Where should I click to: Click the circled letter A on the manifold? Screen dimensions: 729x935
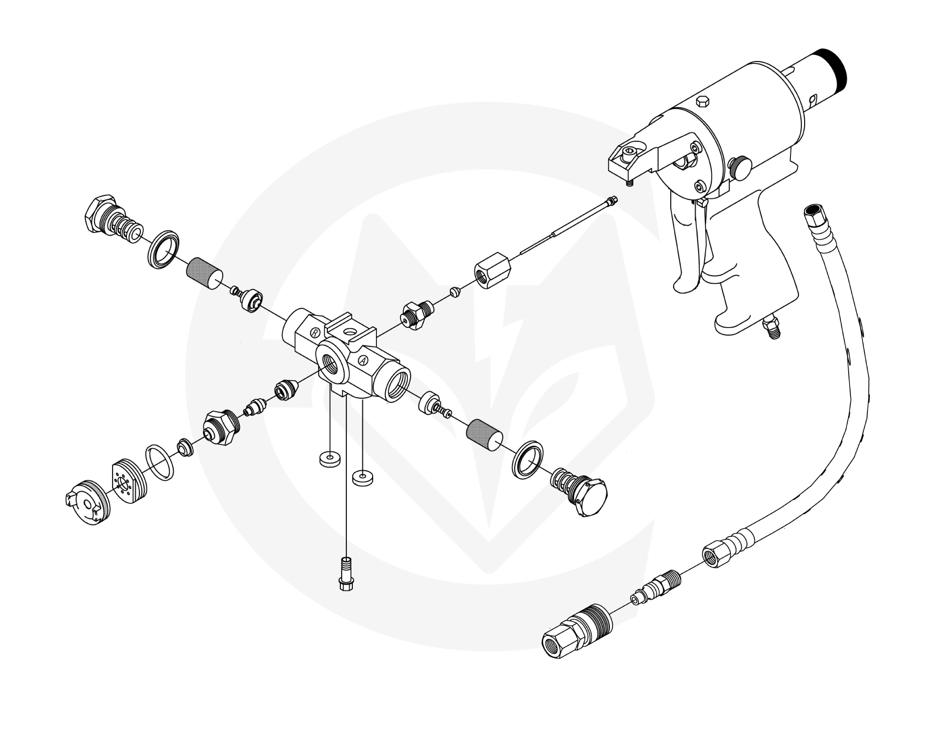(363, 360)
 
